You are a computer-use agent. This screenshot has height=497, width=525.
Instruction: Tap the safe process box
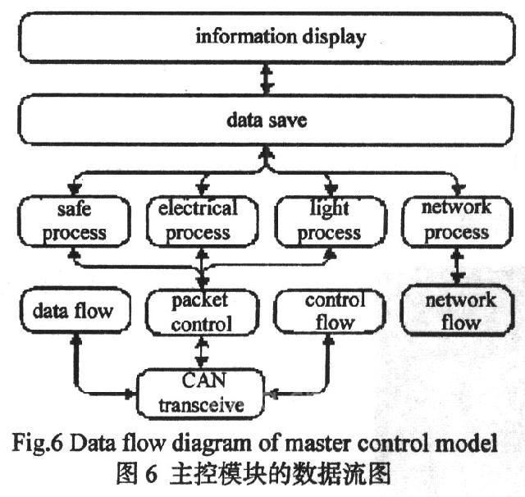(x=75, y=221)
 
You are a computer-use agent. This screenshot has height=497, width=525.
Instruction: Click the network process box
(x=456, y=220)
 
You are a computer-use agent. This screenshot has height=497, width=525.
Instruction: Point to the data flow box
(x=73, y=312)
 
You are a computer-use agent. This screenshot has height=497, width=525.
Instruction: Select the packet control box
(x=200, y=312)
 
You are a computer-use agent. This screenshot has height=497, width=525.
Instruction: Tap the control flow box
(x=329, y=312)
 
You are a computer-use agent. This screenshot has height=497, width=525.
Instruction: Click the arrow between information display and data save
(x=264, y=80)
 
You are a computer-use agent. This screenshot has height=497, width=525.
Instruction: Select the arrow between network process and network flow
(x=456, y=266)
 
